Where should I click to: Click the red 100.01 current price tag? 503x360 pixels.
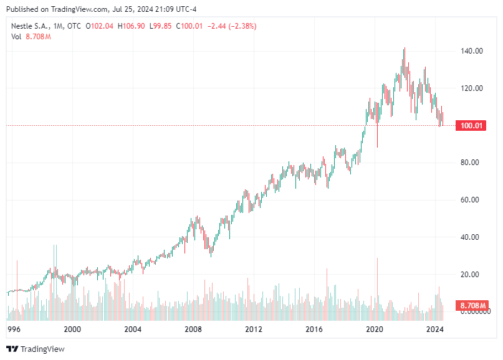tap(471, 126)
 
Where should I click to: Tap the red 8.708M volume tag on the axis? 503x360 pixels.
tap(471, 306)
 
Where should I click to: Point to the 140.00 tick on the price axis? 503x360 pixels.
tap(471, 51)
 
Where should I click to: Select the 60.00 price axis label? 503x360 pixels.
tap(471, 200)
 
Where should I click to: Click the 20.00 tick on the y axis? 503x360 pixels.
tap(471, 275)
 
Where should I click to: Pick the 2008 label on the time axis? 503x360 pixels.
tap(193, 328)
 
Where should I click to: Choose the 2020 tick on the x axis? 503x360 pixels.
tap(374, 328)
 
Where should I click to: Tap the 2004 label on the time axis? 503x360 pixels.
tap(133, 328)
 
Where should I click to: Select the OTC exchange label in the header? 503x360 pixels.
tap(75, 26)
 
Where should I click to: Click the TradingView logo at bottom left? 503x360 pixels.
tap(36, 349)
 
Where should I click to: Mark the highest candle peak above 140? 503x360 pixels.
tap(405, 49)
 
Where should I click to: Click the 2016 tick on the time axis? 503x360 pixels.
tap(314, 328)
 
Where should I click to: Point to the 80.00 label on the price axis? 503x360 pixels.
tap(471, 163)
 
